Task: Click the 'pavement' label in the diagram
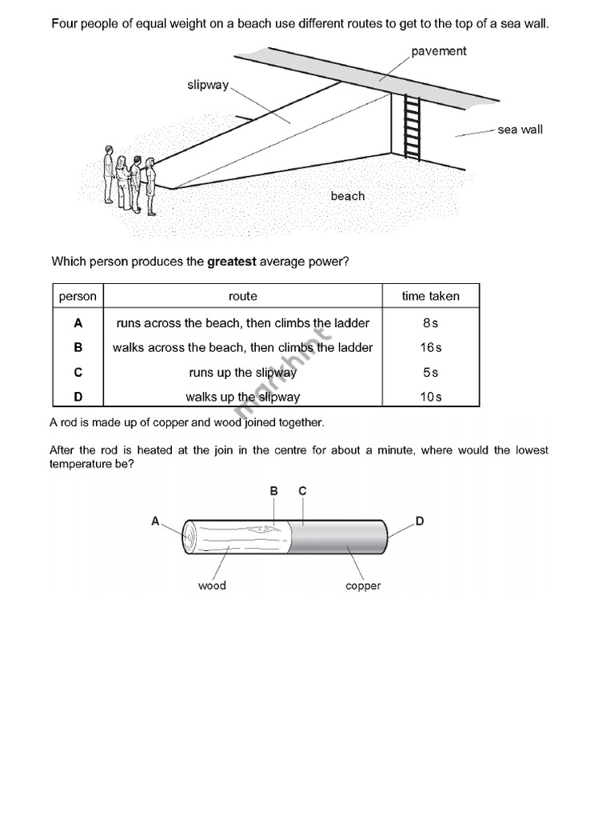pyautogui.click(x=439, y=51)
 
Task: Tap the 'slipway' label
pyautogui.click(x=208, y=85)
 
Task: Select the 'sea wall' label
pyautogui.click(x=520, y=130)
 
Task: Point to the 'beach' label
pyautogui.click(x=348, y=196)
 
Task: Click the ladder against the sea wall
pyautogui.click(x=412, y=127)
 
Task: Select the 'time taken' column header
pyautogui.click(x=431, y=296)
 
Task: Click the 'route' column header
pyautogui.click(x=243, y=296)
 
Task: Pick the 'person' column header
pyautogui.click(x=78, y=296)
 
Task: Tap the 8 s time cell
pyautogui.click(x=431, y=323)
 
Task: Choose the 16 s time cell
pyautogui.click(x=431, y=348)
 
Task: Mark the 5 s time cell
pyautogui.click(x=431, y=373)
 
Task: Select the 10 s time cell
pyautogui.click(x=431, y=397)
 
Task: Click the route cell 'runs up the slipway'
pyautogui.click(x=243, y=373)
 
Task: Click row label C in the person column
pyautogui.click(x=78, y=373)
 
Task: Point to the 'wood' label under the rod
pyautogui.click(x=212, y=585)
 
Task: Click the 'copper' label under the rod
pyautogui.click(x=363, y=585)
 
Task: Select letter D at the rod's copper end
pyautogui.click(x=420, y=521)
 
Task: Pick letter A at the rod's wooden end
pyautogui.click(x=156, y=521)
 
